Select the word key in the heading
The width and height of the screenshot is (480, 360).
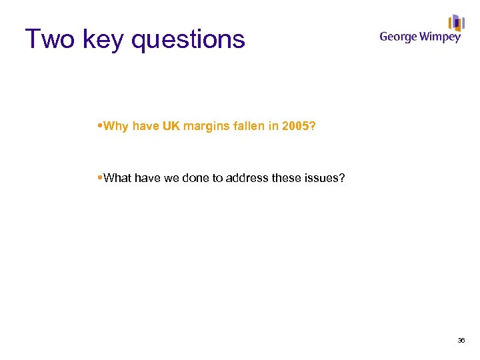pyautogui.click(x=103, y=39)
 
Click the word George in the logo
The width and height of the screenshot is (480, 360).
pyautogui.click(x=399, y=37)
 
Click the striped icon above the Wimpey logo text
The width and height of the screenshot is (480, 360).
pyautogui.click(x=456, y=23)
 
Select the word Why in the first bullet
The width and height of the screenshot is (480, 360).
pyautogui.click(x=117, y=126)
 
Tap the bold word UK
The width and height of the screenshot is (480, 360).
pyautogui.click(x=171, y=126)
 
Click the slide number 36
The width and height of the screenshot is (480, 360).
pyautogui.click(x=461, y=341)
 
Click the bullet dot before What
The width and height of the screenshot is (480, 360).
pyautogui.click(x=100, y=177)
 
